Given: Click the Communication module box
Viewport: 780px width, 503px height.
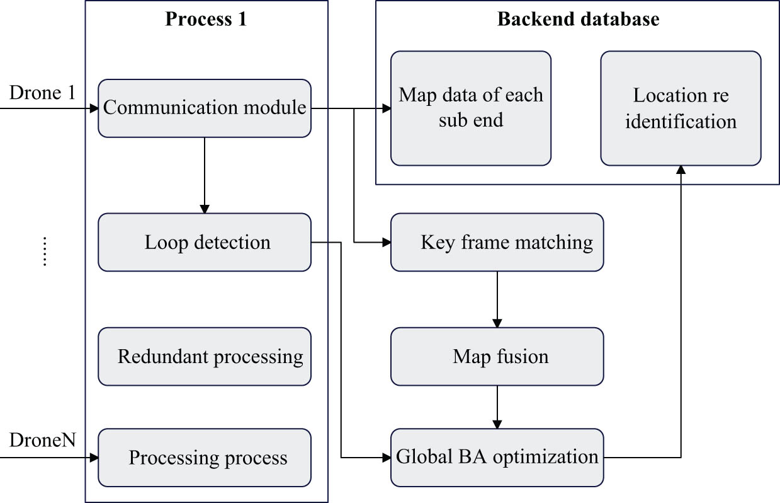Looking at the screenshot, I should coord(205,108).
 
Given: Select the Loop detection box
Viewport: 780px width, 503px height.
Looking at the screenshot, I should coord(205,243).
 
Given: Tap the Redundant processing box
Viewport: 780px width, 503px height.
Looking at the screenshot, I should coord(205,357).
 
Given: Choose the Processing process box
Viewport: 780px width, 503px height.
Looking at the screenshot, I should coord(205,458).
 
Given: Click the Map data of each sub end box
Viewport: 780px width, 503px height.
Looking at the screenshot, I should coord(470,108).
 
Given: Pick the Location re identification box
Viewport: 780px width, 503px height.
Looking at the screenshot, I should coord(681,108).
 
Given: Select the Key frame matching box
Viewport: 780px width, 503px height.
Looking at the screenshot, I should coord(497,243).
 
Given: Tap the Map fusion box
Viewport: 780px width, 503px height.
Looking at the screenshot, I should coord(497,357).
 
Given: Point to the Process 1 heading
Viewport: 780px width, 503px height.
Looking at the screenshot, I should coord(206,19).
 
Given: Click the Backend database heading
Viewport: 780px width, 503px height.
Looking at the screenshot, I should coord(578,19).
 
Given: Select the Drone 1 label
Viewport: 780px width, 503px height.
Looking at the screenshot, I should coord(42,93).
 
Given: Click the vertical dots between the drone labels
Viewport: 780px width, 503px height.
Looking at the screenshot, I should coord(45,251).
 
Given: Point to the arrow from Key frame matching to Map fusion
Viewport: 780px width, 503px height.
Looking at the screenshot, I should coord(497,299).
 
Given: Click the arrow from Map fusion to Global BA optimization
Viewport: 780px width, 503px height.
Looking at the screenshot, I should coord(497,407).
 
